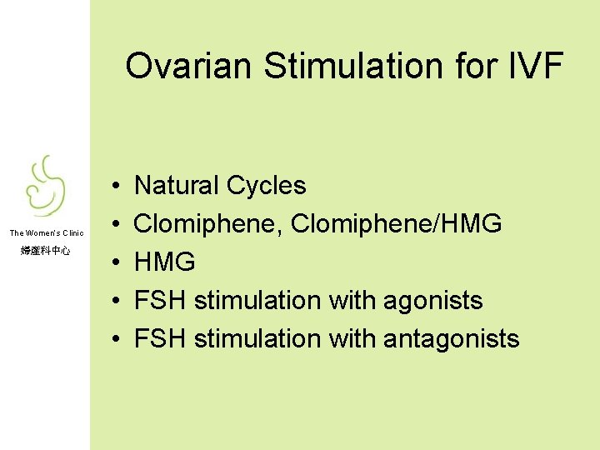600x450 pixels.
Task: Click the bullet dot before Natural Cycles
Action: (x=112, y=186)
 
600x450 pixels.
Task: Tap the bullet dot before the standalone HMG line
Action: (x=112, y=262)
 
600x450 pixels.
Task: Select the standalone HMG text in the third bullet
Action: (x=165, y=262)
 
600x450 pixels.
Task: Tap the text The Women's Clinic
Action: (x=47, y=233)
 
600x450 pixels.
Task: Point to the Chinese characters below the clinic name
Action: (x=47, y=250)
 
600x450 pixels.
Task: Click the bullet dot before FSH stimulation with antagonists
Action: (x=112, y=339)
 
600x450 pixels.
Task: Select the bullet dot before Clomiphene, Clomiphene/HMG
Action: (x=112, y=224)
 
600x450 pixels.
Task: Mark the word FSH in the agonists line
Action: (x=160, y=301)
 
